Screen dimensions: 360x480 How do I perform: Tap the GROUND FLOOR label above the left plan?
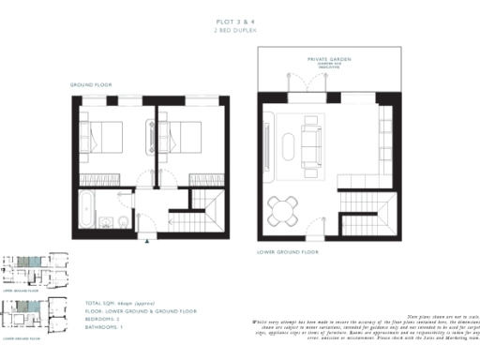[x=91, y=84]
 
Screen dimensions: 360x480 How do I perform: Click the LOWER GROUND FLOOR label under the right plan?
[x=288, y=251]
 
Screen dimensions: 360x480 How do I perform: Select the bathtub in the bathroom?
[x=84, y=209]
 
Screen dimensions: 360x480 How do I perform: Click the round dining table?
[x=282, y=205]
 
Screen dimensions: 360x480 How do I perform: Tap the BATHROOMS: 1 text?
[x=105, y=325]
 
